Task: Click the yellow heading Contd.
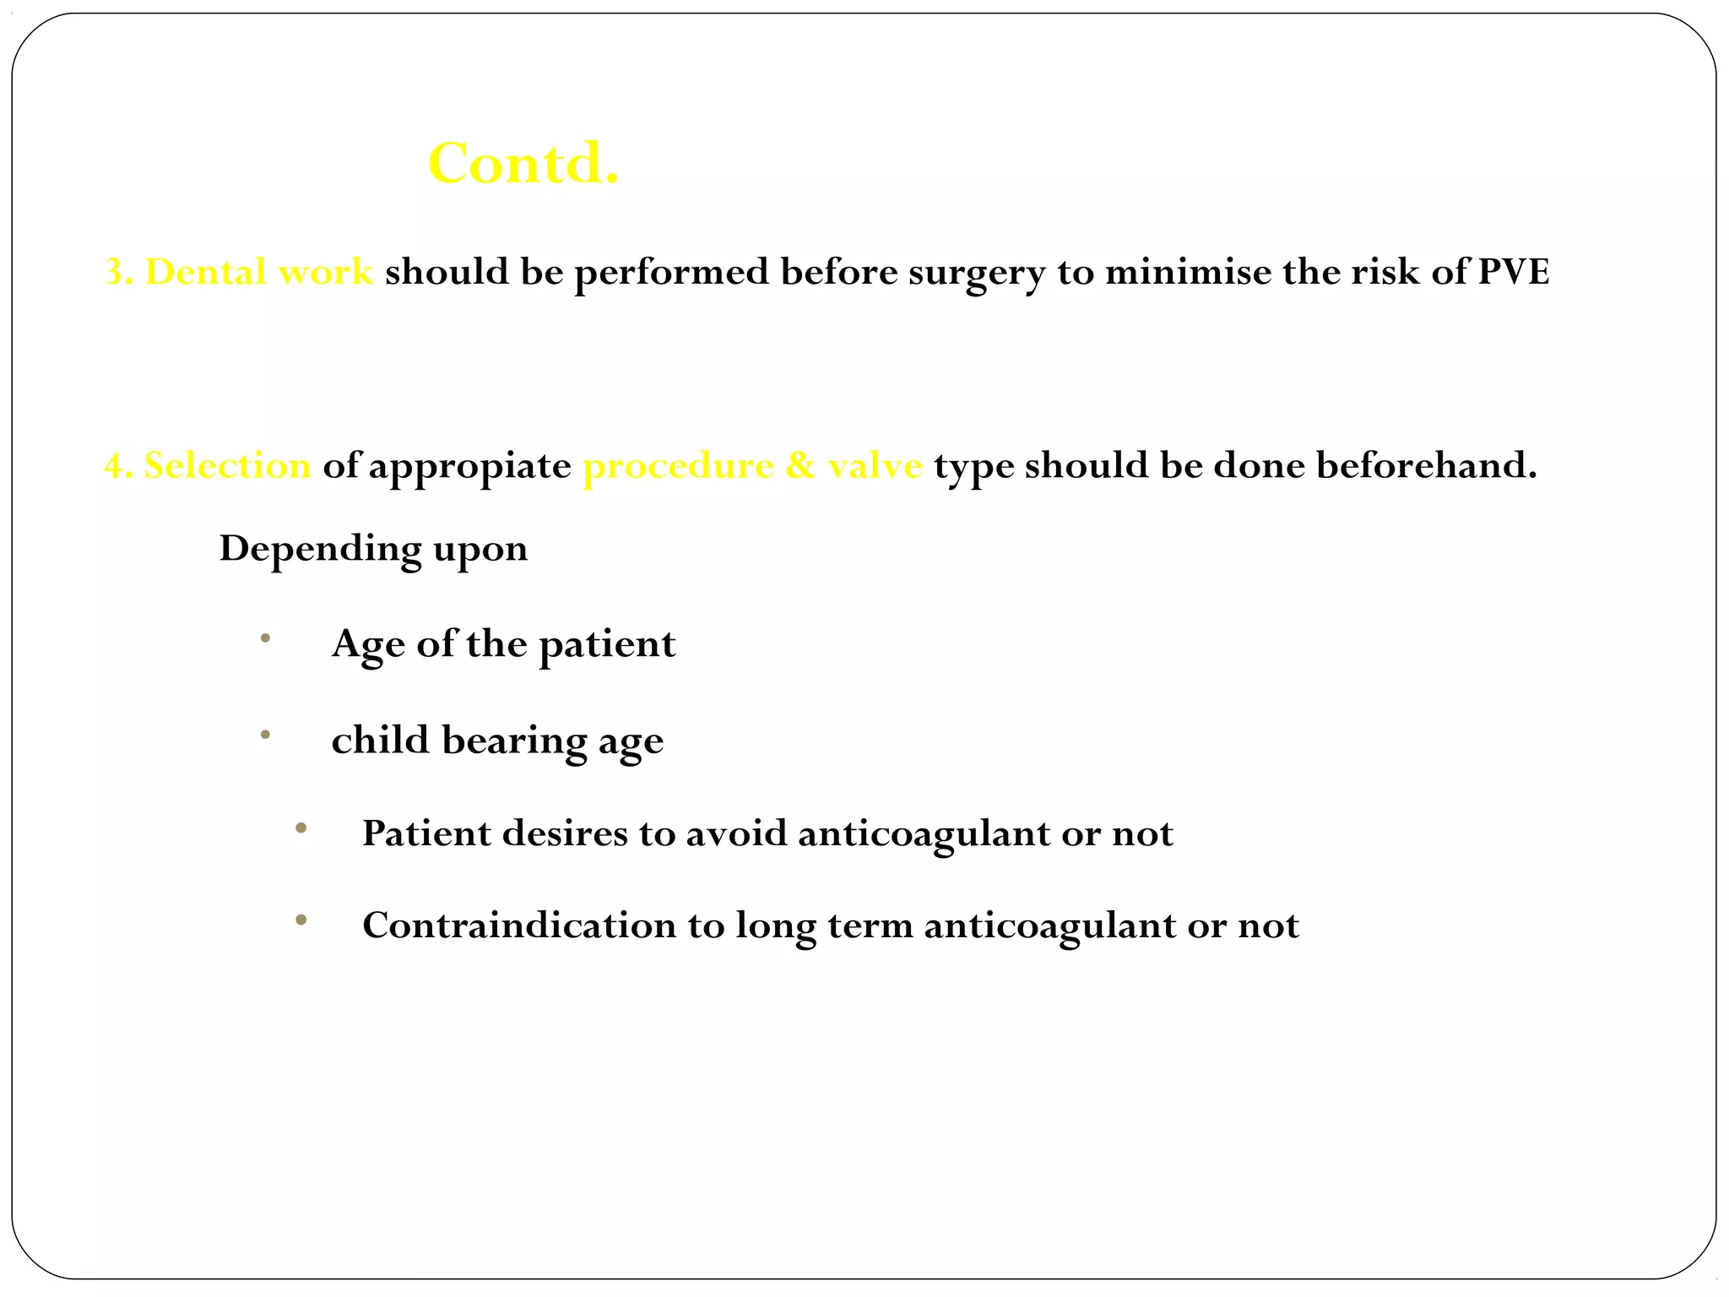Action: coord(523,163)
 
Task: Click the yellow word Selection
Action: coord(227,465)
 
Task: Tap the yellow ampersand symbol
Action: coord(799,465)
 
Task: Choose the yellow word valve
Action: coord(875,465)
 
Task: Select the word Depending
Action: coord(320,549)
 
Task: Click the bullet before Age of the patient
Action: coord(265,639)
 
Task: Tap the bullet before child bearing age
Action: coord(265,735)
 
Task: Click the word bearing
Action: coord(514,741)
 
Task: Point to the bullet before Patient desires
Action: coord(301,828)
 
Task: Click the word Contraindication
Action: coord(519,925)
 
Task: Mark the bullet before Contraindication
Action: coord(301,920)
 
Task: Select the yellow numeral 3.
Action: coord(114,272)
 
